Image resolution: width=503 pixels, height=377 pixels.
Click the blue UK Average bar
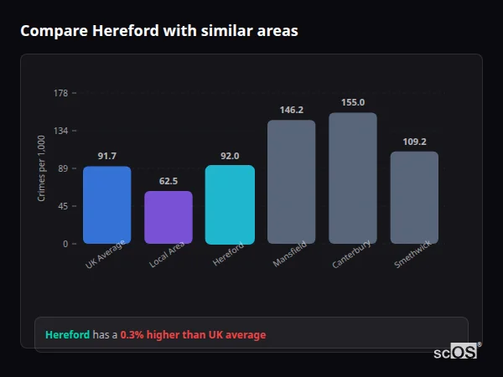coord(106,204)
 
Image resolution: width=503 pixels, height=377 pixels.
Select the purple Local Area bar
coord(168,217)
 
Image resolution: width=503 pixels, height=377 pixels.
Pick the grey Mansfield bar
coord(291,182)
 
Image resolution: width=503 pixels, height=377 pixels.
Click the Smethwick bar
coord(414,197)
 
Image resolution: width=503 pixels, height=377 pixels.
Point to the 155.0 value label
coord(353,102)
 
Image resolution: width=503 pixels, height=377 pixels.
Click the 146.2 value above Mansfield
coord(291,110)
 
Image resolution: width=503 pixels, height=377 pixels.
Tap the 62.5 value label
coord(168,180)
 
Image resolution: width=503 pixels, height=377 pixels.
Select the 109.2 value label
coord(414,142)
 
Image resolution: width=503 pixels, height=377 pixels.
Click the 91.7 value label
coord(106,156)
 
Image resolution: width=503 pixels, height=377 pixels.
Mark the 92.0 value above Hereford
coord(230,155)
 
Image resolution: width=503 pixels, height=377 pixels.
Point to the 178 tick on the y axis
coord(60,93)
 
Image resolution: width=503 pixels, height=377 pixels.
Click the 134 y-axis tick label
coord(60,131)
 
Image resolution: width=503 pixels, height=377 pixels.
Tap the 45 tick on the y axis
coord(63,206)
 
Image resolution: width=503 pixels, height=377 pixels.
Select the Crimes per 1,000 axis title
coord(42,168)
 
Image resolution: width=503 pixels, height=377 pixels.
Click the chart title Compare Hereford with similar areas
coord(158,31)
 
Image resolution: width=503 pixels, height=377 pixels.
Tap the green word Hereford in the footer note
coord(67,335)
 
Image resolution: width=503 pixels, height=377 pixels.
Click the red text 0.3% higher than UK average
coord(193,335)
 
